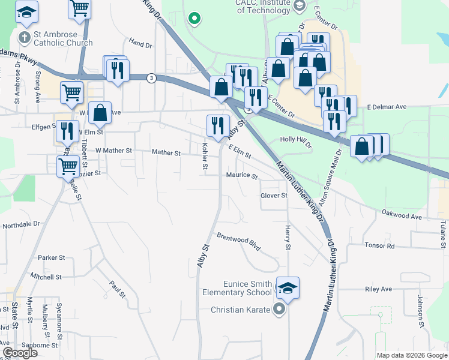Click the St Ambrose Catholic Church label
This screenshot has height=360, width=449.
click(x=63, y=38)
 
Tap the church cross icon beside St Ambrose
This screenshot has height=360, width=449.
click(x=24, y=38)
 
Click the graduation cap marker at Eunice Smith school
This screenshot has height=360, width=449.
click(x=288, y=289)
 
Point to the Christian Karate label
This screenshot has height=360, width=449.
click(x=241, y=310)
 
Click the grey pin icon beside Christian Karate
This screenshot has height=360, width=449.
click(x=279, y=310)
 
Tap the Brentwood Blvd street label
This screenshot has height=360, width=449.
click(x=239, y=242)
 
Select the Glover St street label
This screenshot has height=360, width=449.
click(x=274, y=196)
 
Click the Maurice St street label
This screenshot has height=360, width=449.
click(x=241, y=176)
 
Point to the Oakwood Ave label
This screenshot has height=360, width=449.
click(x=403, y=215)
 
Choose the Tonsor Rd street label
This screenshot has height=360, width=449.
click(x=379, y=245)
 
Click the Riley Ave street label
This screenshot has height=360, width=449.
click(x=378, y=289)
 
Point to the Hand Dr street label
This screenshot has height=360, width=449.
click(x=140, y=44)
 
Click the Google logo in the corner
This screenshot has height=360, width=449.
click(x=20, y=353)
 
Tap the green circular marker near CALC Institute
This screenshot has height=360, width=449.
click(x=194, y=19)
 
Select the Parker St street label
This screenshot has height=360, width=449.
click(x=52, y=257)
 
